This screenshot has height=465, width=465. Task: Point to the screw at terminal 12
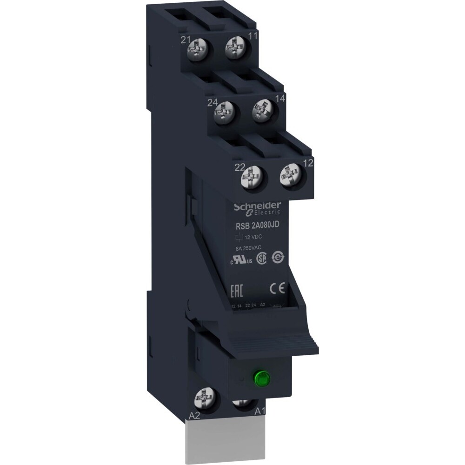(x=289, y=176)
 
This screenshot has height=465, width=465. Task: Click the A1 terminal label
(x=260, y=412)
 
